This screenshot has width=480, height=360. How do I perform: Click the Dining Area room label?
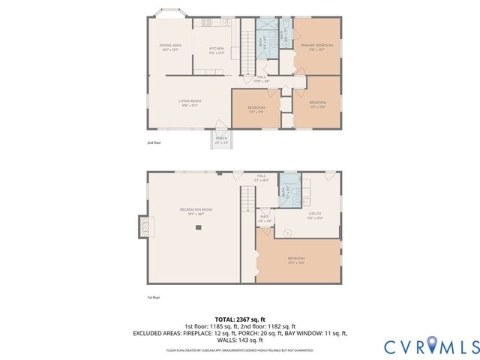pyautogui.click(x=169, y=47)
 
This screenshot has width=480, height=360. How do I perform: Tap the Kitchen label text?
pyautogui.click(x=217, y=49)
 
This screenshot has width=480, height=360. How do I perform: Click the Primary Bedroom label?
pyautogui.click(x=316, y=47)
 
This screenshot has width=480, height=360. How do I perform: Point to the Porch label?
pyautogui.click(x=221, y=139)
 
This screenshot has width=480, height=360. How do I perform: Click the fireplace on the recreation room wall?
pyautogui.click(x=142, y=226)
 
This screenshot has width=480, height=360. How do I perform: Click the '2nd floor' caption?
pyautogui.click(x=154, y=142)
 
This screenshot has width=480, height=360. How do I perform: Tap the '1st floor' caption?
pyautogui.click(x=154, y=298)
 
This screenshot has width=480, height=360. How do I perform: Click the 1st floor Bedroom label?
pyautogui.click(x=297, y=259)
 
